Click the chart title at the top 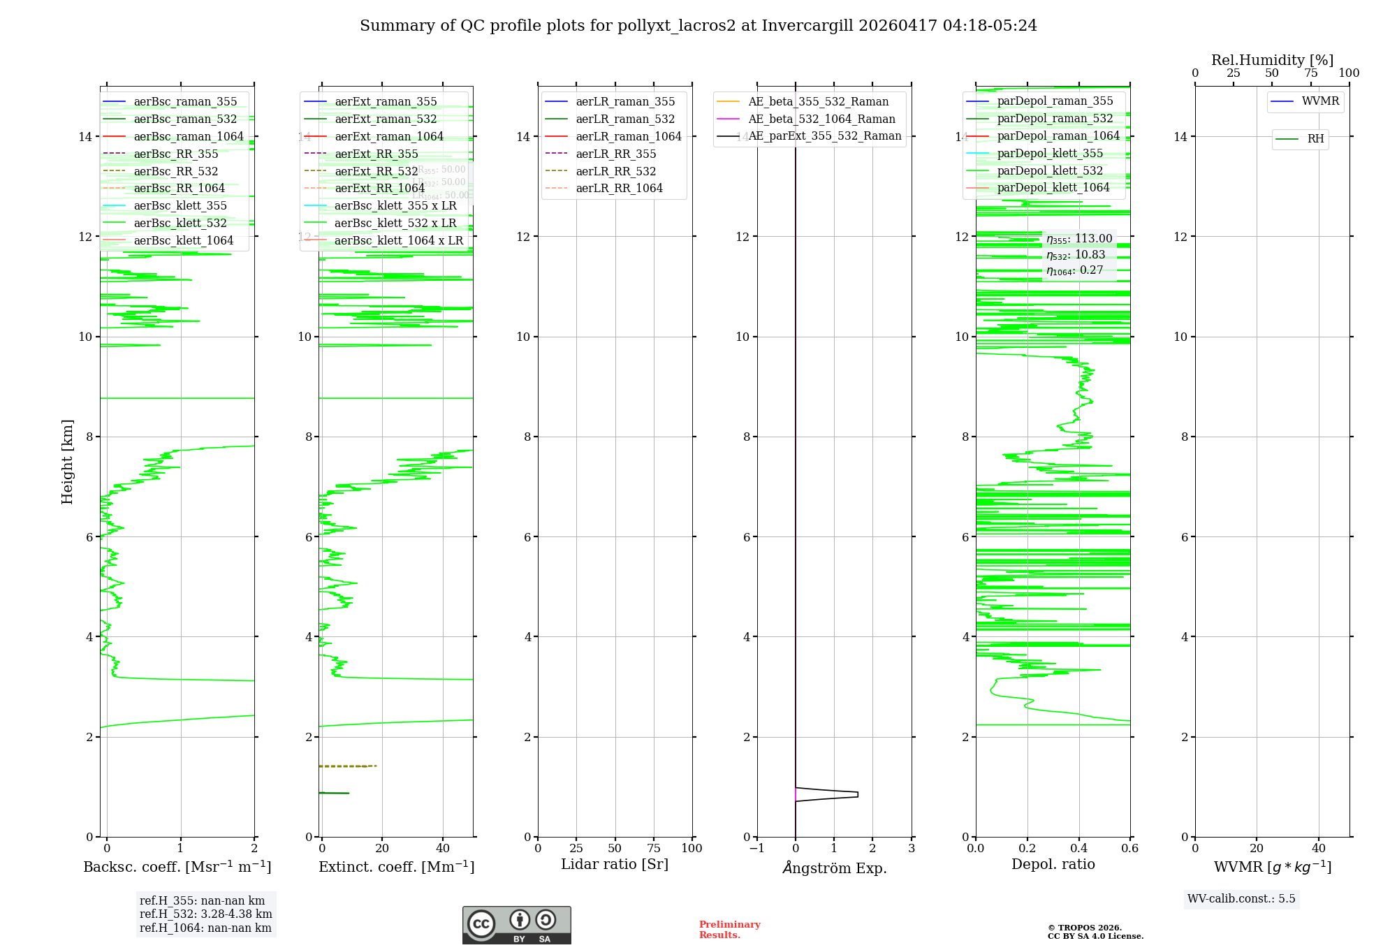pos(698,26)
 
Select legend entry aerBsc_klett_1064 pos(184,240)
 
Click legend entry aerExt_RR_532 pos(376,171)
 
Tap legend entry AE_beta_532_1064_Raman pos(821,119)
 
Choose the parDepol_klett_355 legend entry pos(1050,153)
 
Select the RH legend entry pos(1315,139)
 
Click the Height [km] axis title pos(67,461)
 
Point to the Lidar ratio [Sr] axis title pos(615,864)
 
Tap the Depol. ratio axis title pos(1053,864)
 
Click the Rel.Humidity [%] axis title pos(1272,60)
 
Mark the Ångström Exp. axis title pos(834,868)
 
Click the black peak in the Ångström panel pos(856,794)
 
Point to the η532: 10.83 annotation pos(1076,255)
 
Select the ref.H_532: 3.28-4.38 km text pos(205,914)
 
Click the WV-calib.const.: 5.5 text pos(1241,898)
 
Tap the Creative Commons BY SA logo pos(516,925)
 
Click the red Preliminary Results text pos(729,929)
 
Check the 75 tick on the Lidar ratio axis pos(654,848)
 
